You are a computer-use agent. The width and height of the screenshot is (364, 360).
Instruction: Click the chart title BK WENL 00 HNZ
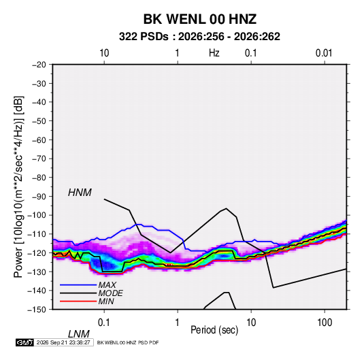tap(199, 19)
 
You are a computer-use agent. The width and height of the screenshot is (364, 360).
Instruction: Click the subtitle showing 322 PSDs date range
tap(199, 37)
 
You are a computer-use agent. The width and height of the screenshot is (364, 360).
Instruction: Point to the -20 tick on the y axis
tap(39, 65)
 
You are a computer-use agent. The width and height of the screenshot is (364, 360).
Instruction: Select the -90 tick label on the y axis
tap(39, 197)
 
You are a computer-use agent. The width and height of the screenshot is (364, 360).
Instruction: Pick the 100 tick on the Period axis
tap(325, 323)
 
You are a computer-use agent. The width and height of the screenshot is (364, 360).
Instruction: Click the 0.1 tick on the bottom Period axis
tap(104, 323)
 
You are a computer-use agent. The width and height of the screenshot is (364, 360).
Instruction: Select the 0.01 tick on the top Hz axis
tap(324, 53)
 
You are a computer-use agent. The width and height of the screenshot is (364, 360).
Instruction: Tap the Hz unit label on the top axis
tap(214, 53)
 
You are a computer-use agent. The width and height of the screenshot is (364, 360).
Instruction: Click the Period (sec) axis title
tap(214, 330)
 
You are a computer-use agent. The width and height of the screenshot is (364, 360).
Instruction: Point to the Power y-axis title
tap(18, 186)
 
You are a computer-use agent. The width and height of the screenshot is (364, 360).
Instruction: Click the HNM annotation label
tap(80, 193)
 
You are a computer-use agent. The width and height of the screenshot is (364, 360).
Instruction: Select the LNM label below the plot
tap(78, 334)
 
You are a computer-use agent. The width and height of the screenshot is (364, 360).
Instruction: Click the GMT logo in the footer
tap(25, 342)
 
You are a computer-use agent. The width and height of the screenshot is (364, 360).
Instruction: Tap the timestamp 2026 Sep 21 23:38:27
tap(63, 342)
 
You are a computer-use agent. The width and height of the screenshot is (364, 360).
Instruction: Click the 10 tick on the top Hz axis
tap(104, 53)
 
